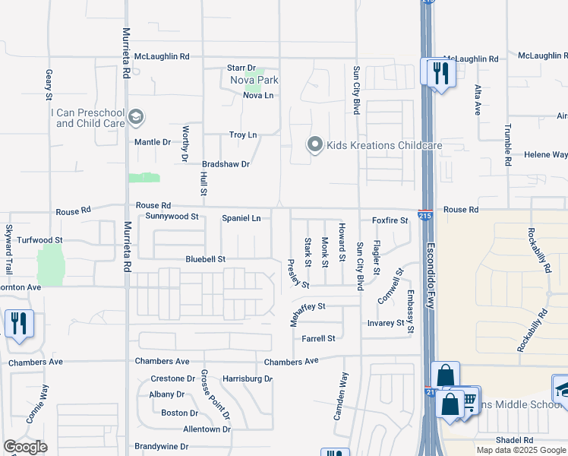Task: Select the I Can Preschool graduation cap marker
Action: [x=136, y=117]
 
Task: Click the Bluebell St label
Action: [x=206, y=259]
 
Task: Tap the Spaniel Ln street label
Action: [x=241, y=218]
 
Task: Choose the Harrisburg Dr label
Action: [x=248, y=378]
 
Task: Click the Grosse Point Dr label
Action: [x=215, y=394]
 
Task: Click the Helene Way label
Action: [x=546, y=155]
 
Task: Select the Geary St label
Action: [x=49, y=84]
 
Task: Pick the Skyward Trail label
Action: [x=9, y=250]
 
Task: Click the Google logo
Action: [x=26, y=447]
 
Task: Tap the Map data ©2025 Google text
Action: [x=520, y=450]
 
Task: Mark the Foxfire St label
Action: [x=390, y=220]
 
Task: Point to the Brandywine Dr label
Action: [x=161, y=446]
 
